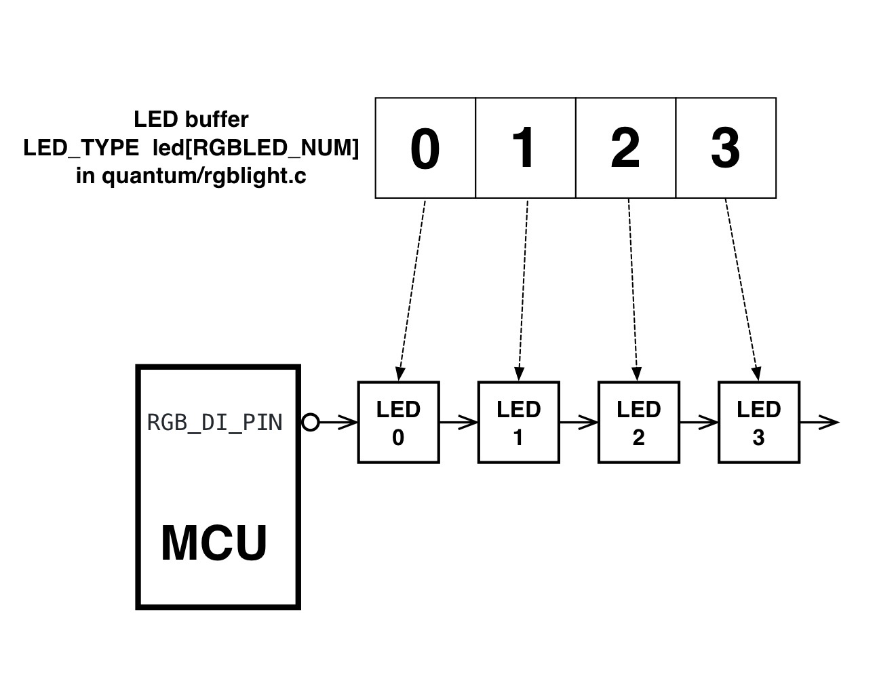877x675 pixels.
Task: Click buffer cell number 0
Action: pos(425,148)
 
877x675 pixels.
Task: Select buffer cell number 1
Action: pos(526,148)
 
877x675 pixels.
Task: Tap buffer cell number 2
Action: pos(625,148)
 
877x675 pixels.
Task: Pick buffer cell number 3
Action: pos(726,148)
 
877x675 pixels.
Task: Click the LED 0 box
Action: pos(398,423)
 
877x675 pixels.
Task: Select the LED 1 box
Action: pos(519,423)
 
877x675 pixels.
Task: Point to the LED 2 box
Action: pos(639,423)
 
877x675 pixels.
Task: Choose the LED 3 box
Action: pos(759,423)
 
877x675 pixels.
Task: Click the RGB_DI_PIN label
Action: pos(214,423)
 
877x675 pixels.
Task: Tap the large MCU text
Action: pos(214,543)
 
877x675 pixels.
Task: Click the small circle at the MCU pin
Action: pos(310,423)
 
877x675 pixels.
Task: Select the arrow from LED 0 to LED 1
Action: pos(459,423)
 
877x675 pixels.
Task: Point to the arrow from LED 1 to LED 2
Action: pos(579,423)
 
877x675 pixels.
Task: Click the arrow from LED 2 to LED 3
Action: pos(699,423)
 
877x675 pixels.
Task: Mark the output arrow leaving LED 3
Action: pos(819,423)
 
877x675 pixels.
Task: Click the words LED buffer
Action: pos(191,119)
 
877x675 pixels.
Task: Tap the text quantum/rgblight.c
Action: pos(204,176)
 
